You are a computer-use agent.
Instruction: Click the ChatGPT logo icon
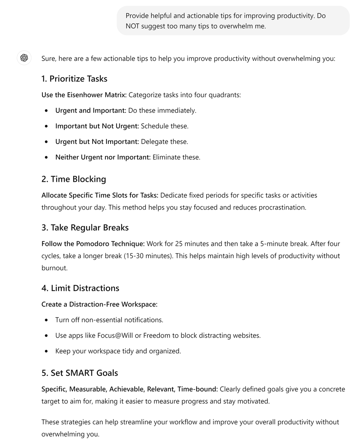[x=24, y=58]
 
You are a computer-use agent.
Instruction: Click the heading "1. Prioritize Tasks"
[x=74, y=79]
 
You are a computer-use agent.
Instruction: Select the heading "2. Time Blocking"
[x=73, y=179]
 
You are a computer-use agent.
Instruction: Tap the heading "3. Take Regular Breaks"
[x=85, y=228]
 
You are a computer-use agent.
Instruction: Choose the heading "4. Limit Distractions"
[x=80, y=288]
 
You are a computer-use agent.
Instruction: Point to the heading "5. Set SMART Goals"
[x=79, y=373]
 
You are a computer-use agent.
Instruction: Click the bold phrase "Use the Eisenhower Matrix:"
[x=84, y=95]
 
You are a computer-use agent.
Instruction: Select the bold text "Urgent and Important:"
[x=91, y=111]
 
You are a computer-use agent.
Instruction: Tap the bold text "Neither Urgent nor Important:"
[x=103, y=157]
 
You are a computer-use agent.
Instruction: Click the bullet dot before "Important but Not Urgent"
[x=46, y=126]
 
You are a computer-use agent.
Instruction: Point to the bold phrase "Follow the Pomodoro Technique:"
[x=93, y=244]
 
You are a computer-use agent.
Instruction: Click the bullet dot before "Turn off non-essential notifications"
[x=46, y=320]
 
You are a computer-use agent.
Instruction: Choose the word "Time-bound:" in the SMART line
[x=198, y=389]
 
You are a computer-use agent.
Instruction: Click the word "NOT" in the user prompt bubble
[x=133, y=26]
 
